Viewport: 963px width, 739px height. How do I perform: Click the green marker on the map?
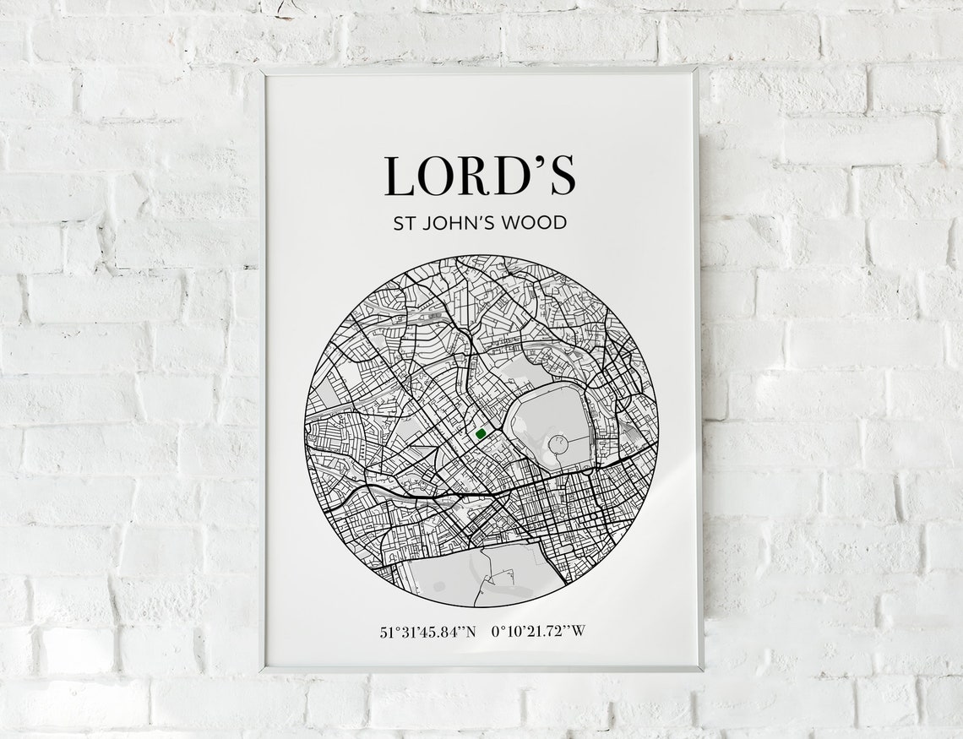[x=481, y=434]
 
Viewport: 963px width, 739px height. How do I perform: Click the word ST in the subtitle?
[x=402, y=225]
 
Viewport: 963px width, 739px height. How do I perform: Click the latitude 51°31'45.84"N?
[x=428, y=632]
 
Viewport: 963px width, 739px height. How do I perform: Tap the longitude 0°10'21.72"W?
[x=537, y=632]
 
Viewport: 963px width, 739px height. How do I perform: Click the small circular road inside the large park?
[x=558, y=442]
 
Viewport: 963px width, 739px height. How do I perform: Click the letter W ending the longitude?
[x=578, y=632]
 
